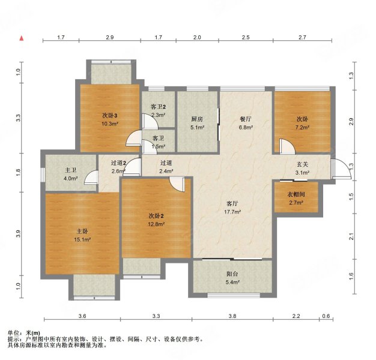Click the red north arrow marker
(22, 38)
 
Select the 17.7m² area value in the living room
(232, 212)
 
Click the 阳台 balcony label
(232, 274)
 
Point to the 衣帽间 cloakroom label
(296, 194)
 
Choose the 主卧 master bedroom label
(82, 232)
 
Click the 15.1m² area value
(82, 239)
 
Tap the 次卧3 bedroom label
(110, 116)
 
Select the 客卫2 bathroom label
(158, 107)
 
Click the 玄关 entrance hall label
(302, 164)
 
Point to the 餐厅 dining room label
(246, 119)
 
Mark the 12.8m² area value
(156, 224)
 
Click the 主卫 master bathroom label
(70, 170)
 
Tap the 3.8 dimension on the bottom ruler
(232, 316)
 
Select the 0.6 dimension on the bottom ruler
(326, 316)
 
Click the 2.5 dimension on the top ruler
(246, 37)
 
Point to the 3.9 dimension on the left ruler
(19, 234)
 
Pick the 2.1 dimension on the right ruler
(351, 236)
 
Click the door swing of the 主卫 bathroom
(91, 177)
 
